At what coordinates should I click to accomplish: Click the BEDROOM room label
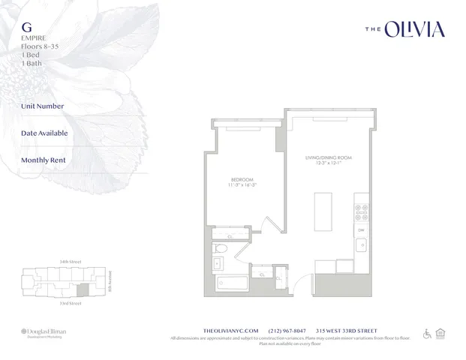pyautogui.click(x=242, y=179)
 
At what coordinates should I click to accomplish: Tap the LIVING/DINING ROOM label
pyautogui.click(x=327, y=158)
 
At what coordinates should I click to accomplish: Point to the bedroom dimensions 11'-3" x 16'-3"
pyautogui.click(x=242, y=185)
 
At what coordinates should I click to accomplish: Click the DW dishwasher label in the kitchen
pyautogui.click(x=360, y=229)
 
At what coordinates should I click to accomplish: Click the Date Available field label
pyautogui.click(x=45, y=133)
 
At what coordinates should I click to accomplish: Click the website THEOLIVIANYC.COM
pyautogui.click(x=231, y=330)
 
